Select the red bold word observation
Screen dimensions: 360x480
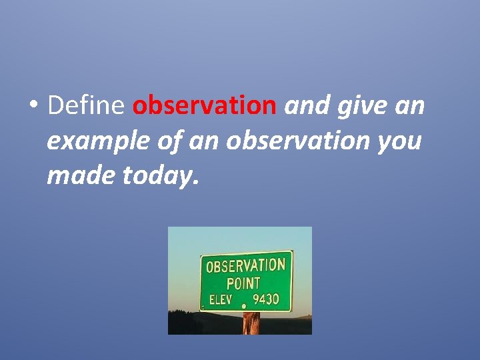coord(205,105)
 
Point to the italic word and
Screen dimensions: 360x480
coord(305,105)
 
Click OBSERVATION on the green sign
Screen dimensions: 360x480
coord(245,265)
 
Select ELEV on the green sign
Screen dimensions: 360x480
coord(221,300)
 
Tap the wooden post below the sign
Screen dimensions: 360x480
coord(251,323)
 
